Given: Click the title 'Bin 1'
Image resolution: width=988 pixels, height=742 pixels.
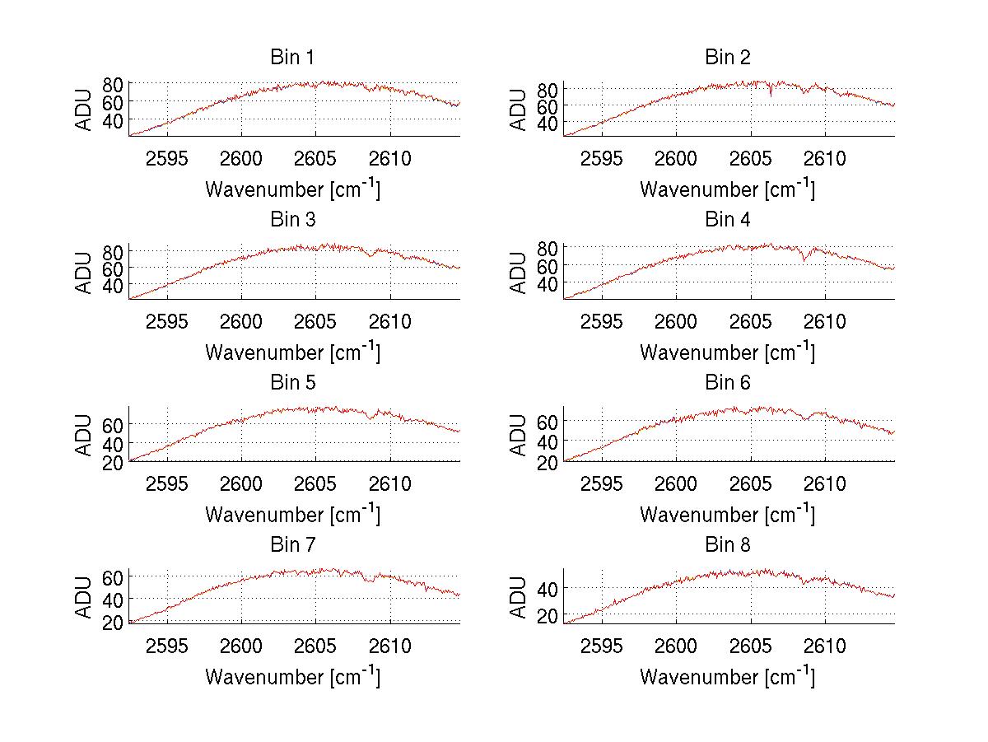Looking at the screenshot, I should (292, 58).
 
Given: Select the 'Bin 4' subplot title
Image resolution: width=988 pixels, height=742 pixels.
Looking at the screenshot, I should (728, 220).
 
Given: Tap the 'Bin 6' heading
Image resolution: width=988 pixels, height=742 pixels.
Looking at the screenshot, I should (728, 382).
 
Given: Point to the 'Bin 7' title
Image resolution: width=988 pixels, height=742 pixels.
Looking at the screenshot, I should (292, 544).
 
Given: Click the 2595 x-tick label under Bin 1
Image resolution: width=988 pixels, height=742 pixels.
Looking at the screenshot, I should (168, 159).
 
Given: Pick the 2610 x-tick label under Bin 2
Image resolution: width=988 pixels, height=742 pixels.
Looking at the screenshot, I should (825, 159).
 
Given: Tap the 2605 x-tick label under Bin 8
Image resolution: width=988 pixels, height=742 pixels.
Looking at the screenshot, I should (751, 646).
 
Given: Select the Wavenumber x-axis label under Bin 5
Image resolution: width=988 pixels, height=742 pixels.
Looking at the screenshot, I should (292, 515).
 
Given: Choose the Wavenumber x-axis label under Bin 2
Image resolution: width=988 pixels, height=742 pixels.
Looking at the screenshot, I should (728, 189).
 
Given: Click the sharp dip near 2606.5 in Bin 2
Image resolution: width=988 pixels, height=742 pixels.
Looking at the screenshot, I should (771, 96).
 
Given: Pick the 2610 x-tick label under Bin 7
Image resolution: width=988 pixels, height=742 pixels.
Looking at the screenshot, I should (390, 646).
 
